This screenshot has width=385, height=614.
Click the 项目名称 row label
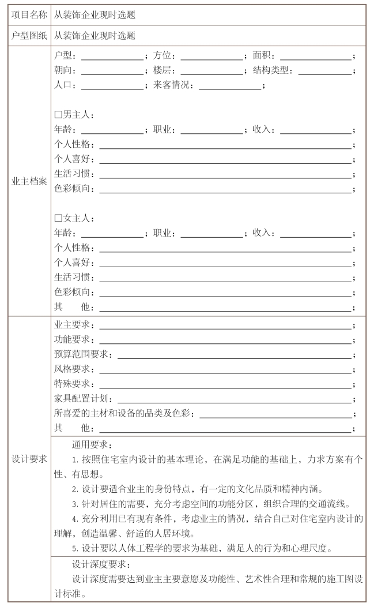click(29, 15)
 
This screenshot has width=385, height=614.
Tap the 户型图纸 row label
click(29, 35)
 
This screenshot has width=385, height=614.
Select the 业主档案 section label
click(29, 181)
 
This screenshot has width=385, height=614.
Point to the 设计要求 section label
click(29, 459)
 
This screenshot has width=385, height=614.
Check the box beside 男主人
click(58, 115)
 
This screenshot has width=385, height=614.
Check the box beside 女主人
click(58, 219)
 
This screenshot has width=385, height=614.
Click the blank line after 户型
click(112, 57)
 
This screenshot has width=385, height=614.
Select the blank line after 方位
click(212, 57)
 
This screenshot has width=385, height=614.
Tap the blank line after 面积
click(315, 57)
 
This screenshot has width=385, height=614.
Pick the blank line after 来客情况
click(231, 87)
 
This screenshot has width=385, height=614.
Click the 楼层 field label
click(163, 72)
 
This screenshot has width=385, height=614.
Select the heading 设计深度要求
click(101, 564)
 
